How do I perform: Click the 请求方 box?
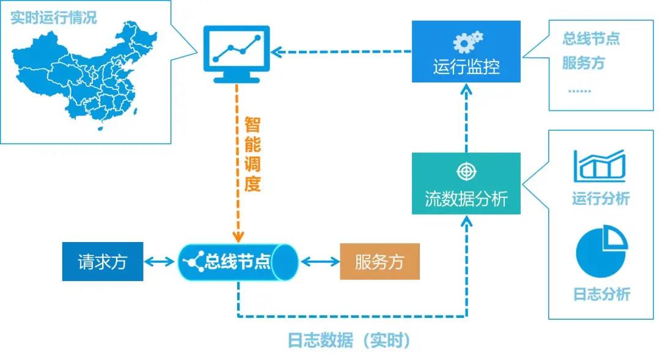pyautogui.click(x=103, y=262)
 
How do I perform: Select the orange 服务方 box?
pyautogui.click(x=380, y=262)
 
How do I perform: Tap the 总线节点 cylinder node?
pyautogui.click(x=238, y=262)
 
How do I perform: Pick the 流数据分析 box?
pyautogui.click(x=466, y=183)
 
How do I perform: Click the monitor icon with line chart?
pyautogui.click(x=236, y=53)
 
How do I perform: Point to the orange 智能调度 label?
pyautogui.click(x=252, y=155)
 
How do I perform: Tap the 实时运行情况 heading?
pyautogui.click(x=54, y=17)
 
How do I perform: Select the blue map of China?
pyautogui.click(x=79, y=76)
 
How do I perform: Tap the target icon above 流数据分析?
pyautogui.click(x=466, y=171)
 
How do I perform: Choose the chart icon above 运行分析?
pyautogui.click(x=599, y=166)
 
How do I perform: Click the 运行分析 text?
pyautogui.click(x=601, y=199)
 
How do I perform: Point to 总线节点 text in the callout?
pyautogui.click(x=591, y=39)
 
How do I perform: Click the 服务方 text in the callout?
pyautogui.click(x=584, y=62)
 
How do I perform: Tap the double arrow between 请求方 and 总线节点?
pyautogui.click(x=161, y=262)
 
